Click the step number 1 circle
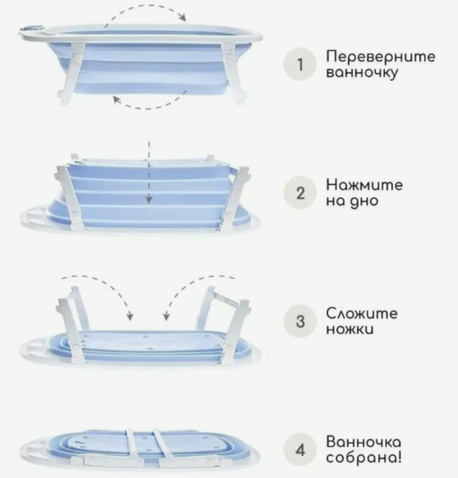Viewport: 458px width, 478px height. [300, 64]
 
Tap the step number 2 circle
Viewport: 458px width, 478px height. [300, 193]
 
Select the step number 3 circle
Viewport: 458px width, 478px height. [300, 322]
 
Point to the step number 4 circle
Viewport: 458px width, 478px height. [300, 450]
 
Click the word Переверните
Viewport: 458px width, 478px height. [380, 57]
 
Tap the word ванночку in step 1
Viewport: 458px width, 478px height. [362, 73]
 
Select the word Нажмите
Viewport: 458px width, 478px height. [364, 185]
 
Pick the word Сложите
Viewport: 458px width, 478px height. [362, 314]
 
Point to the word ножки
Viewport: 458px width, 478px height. [350, 329]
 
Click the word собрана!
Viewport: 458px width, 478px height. [364, 457]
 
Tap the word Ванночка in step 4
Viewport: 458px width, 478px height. [363, 442]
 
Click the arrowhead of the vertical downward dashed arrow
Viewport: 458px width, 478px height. [149, 199]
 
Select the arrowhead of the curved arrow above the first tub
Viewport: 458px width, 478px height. [182, 17]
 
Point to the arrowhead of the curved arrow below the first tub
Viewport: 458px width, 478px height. [116, 99]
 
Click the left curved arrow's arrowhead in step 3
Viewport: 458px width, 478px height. [130, 317]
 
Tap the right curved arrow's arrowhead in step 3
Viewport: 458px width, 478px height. [166, 317]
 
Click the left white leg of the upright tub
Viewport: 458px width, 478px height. [72, 73]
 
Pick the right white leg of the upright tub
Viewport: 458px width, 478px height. [234, 73]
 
